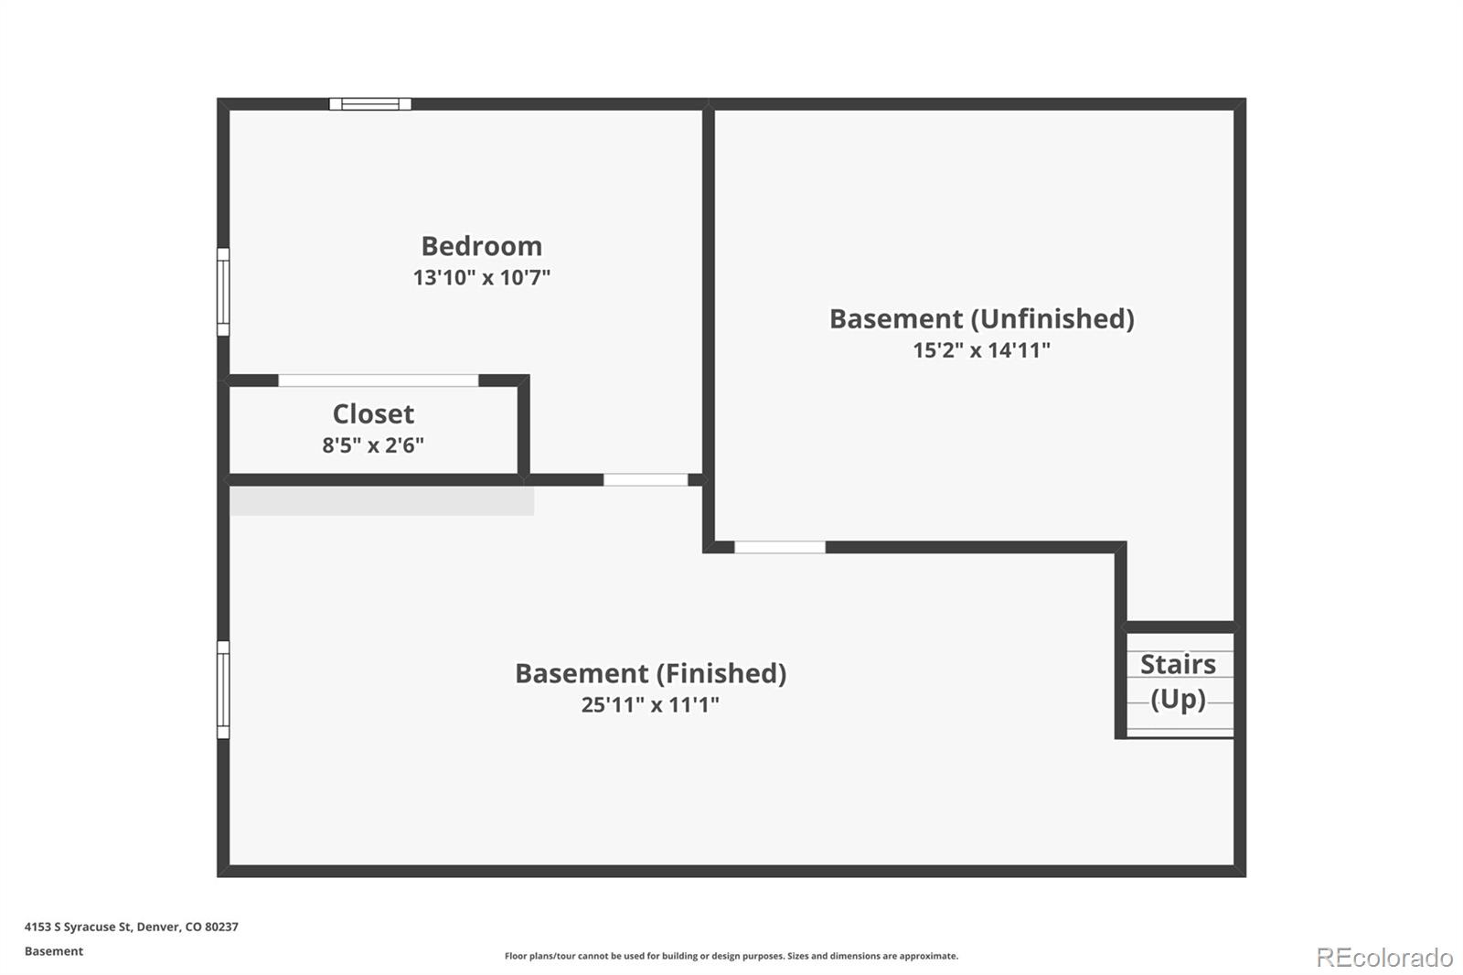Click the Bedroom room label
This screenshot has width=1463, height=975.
pyautogui.click(x=481, y=246)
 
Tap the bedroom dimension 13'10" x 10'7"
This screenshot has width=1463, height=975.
pyautogui.click(x=481, y=278)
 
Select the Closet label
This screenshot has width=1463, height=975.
pyautogui.click(x=373, y=413)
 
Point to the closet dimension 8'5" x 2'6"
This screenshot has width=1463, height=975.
pyautogui.click(x=373, y=445)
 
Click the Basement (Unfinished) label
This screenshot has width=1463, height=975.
pyautogui.click(x=982, y=319)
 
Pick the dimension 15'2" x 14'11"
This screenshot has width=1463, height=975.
pyautogui.click(x=982, y=350)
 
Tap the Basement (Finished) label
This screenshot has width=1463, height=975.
pyautogui.click(x=650, y=674)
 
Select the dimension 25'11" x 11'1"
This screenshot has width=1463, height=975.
pyautogui.click(x=650, y=704)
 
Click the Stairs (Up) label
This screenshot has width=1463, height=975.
pyautogui.click(x=1179, y=681)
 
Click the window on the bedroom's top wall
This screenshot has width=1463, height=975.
pyautogui.click(x=370, y=104)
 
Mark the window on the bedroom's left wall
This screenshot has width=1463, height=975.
pyautogui.click(x=223, y=292)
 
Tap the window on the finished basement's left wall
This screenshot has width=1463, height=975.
pyautogui.click(x=223, y=690)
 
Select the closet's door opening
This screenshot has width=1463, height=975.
pyautogui.click(x=379, y=380)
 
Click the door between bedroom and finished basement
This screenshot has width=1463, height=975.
pyautogui.click(x=646, y=479)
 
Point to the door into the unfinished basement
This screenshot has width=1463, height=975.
pyautogui.click(x=780, y=547)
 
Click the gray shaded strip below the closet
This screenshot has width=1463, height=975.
pyautogui.click(x=382, y=500)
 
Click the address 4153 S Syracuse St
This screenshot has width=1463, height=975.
pyautogui.click(x=79, y=927)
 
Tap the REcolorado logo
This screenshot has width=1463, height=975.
pyautogui.click(x=1384, y=958)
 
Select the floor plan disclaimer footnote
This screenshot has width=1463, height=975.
pyautogui.click(x=731, y=956)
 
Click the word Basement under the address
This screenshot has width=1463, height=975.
pyautogui.click(x=54, y=951)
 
